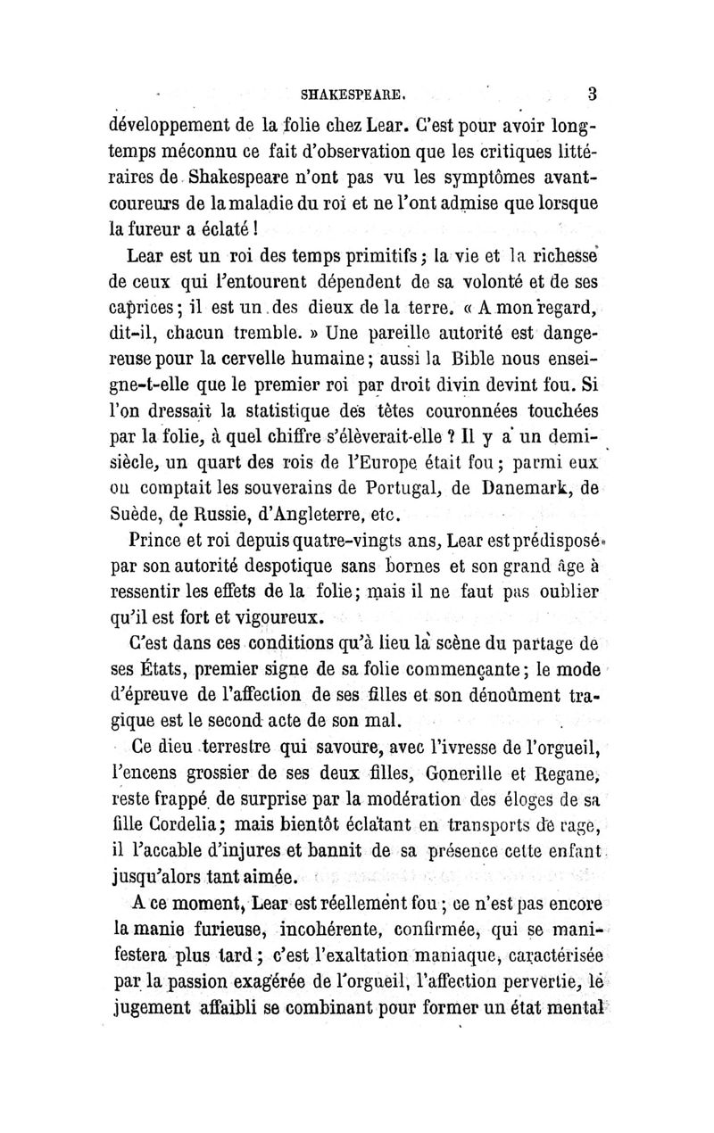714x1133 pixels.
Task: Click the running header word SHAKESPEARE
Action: [x=355, y=91]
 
